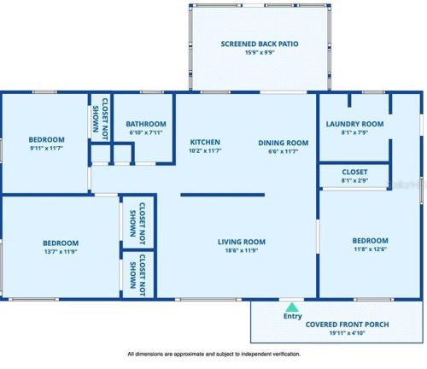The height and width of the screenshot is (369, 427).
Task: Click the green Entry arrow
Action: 292,307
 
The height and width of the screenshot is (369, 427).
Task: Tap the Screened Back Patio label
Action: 260,44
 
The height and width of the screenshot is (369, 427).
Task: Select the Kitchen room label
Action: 205,142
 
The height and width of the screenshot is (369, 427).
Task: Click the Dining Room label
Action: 284,143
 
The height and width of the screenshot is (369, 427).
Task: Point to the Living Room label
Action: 242,242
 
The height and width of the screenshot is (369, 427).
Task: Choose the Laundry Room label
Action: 354,124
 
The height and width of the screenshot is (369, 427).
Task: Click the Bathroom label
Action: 146,124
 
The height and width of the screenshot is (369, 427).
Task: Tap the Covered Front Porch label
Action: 347,325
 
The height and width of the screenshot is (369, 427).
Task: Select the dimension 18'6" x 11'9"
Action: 242,250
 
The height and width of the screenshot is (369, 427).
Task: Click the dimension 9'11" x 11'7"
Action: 46,148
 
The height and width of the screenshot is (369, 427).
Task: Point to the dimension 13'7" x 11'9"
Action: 61,252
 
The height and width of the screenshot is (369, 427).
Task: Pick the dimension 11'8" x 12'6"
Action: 370,249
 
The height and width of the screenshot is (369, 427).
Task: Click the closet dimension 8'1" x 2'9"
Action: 354,180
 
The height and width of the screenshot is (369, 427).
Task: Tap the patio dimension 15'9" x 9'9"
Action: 260,52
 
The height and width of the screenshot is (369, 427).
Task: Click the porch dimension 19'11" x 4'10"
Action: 347,333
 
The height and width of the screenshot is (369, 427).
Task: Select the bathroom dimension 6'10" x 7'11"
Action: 146,132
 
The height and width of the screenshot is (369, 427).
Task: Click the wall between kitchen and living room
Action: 223,195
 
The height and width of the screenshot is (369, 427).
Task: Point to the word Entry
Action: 293,316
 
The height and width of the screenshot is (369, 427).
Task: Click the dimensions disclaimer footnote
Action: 213,354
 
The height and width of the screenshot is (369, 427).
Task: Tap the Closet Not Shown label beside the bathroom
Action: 101,119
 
